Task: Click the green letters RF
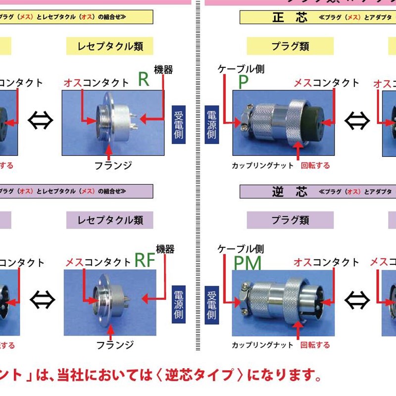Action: coord(146,260)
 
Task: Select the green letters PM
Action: coord(247,264)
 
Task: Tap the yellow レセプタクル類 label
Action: coord(110,47)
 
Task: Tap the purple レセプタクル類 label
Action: coord(110,220)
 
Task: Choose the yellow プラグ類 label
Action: coord(290,47)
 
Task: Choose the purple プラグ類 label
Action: coord(290,220)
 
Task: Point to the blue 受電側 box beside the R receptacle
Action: coord(179,124)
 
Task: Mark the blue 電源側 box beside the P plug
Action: coord(211,124)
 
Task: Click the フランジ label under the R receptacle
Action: coord(113,165)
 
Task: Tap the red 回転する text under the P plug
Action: coord(315,165)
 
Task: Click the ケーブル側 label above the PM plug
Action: coord(241,248)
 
